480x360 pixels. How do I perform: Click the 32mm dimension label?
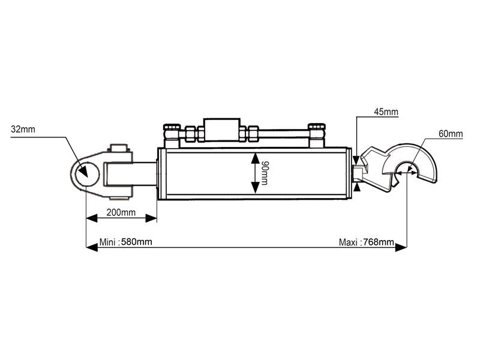pos(23,129)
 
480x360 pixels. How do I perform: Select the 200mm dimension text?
pos(121,213)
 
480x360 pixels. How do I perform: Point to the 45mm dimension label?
pos(386,112)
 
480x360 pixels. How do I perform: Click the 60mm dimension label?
pos(451,134)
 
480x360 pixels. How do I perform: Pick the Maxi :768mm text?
pos(366,242)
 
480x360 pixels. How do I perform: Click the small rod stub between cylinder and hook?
pos(358,173)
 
